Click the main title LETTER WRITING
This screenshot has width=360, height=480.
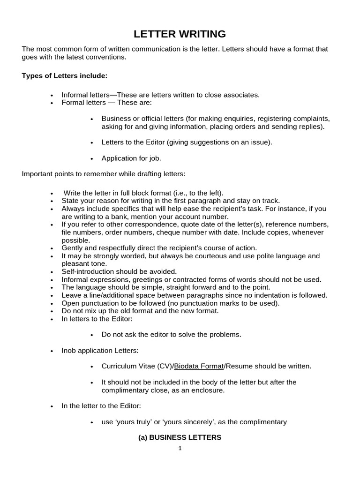(x=180, y=34)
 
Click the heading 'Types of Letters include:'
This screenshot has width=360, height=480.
(x=65, y=75)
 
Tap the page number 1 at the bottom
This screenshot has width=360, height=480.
(x=180, y=448)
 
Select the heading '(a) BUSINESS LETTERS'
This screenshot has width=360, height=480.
(x=180, y=437)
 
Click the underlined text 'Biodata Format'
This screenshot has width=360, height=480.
(x=199, y=366)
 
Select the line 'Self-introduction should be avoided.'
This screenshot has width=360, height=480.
(x=119, y=271)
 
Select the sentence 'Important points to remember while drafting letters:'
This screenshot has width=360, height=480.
(x=104, y=174)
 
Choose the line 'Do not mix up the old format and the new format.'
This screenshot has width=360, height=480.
(x=140, y=311)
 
